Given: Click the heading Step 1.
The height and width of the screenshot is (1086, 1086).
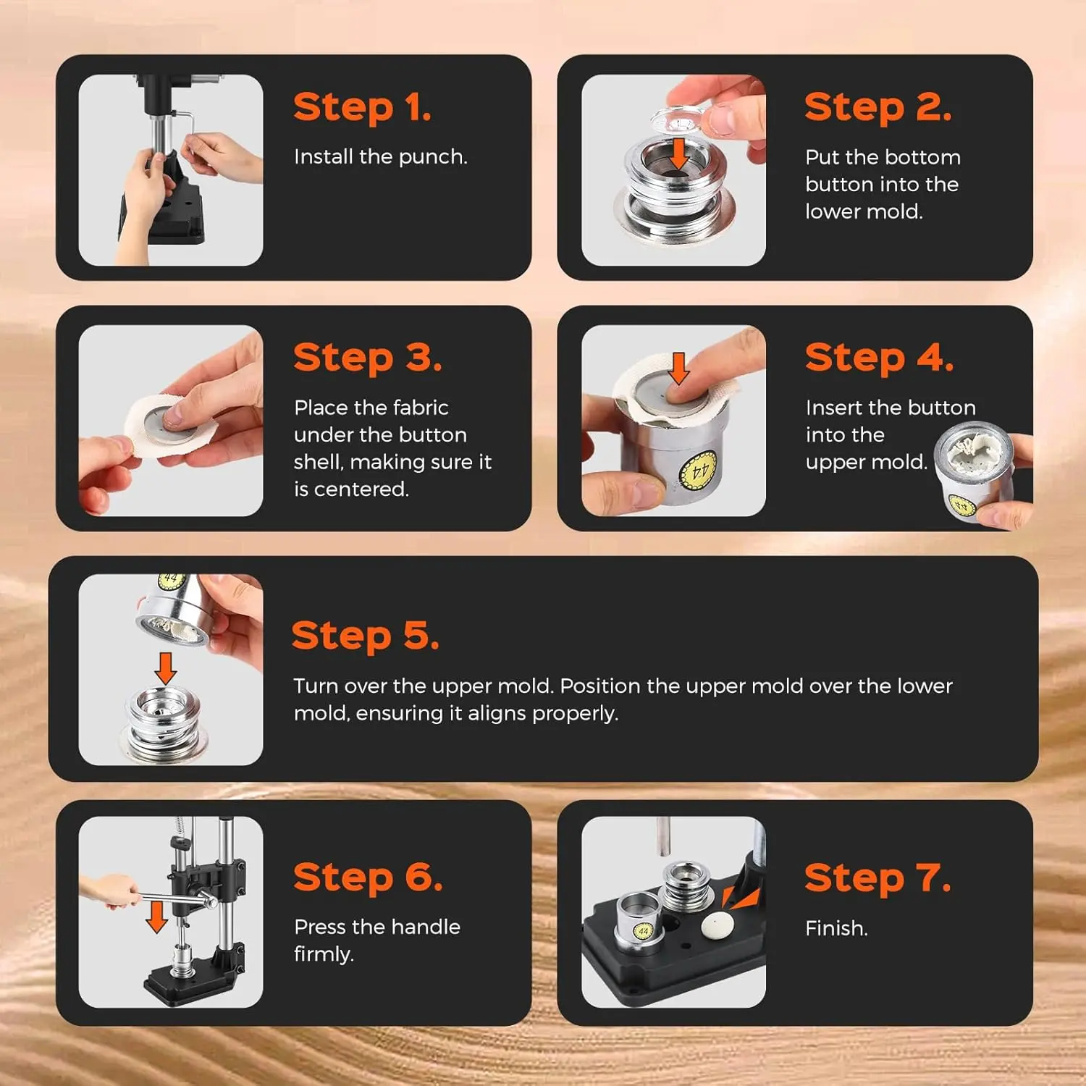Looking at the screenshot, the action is [x=362, y=108].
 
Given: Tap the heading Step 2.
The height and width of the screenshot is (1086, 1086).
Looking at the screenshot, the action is [x=877, y=108].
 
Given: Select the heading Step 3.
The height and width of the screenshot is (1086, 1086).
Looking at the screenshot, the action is [x=367, y=358].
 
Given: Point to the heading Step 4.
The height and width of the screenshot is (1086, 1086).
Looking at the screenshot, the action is [x=879, y=358].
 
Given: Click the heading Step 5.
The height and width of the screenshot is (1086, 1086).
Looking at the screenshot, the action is [x=365, y=636].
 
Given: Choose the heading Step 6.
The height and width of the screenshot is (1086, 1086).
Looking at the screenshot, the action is [x=368, y=877].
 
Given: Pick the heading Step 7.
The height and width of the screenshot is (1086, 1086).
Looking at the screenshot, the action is [x=877, y=877].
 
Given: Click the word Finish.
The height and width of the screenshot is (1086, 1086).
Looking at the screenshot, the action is [x=836, y=928].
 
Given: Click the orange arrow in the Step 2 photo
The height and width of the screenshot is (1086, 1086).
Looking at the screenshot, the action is [x=678, y=153].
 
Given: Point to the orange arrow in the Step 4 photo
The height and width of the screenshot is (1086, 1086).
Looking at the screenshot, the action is [x=678, y=369].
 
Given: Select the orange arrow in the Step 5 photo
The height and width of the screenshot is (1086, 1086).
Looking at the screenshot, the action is [x=166, y=668].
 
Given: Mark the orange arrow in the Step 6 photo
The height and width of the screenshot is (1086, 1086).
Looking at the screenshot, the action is [x=156, y=916].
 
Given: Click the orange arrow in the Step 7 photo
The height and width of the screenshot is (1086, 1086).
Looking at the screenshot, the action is [x=740, y=898].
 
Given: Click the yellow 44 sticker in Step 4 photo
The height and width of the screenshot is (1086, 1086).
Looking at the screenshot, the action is [x=699, y=471].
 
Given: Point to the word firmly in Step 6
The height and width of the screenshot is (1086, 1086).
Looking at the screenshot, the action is [x=324, y=954].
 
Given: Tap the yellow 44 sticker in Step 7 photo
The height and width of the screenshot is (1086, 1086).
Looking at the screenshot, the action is [x=643, y=932].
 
